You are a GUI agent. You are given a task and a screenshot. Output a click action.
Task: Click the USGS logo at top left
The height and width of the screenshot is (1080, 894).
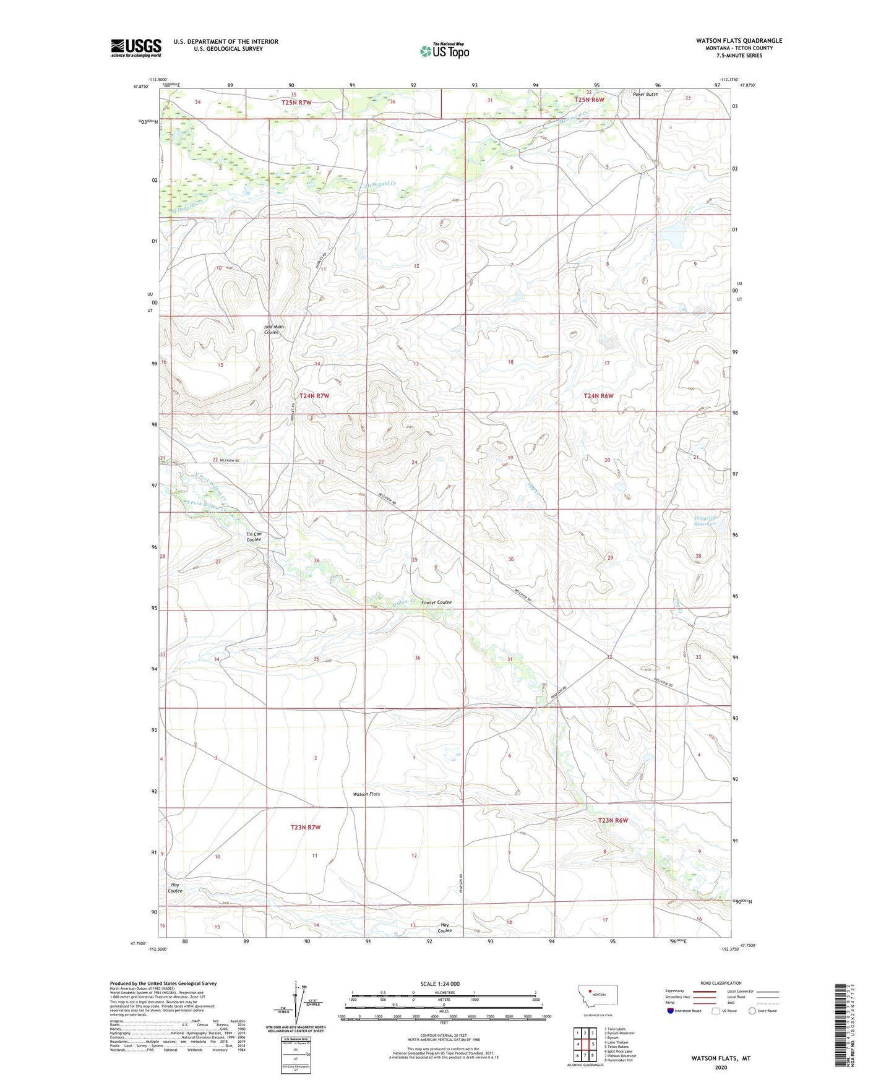tap(135, 48)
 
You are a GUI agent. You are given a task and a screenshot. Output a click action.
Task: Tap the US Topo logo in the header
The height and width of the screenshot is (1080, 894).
tap(444, 51)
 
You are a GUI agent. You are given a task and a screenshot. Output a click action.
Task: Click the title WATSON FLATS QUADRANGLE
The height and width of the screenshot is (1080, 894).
tap(739, 41)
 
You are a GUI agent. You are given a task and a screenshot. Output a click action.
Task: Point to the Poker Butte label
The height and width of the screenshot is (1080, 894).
tap(645, 95)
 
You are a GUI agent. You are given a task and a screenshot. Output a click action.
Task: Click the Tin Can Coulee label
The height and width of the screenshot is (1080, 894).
tap(254, 536)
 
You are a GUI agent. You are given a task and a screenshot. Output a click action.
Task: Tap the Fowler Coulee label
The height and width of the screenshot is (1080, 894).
tap(436, 602)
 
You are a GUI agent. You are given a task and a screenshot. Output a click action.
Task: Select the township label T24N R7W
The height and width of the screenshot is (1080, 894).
tap(314, 395)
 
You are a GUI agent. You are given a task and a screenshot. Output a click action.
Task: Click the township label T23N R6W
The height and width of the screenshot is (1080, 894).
tap(612, 820)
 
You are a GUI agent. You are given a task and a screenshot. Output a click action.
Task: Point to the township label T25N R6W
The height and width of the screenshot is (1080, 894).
tap(589, 100)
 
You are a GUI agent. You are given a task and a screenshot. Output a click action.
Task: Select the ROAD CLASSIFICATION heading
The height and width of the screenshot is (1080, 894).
tap(721, 983)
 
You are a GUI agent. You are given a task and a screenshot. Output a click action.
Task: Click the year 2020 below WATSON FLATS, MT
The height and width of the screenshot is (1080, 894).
tap(721, 1068)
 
